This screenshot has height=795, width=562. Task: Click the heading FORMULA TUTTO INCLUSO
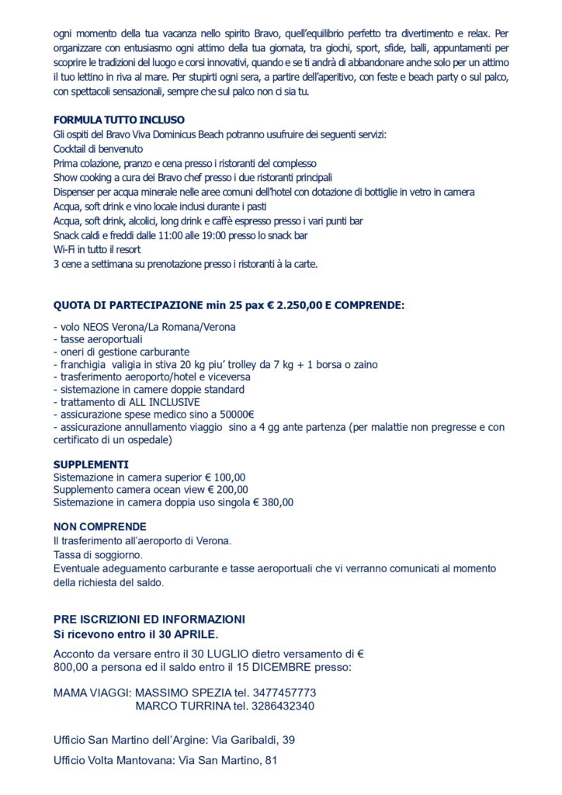pos(119,120)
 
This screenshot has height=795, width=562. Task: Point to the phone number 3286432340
pos(281,706)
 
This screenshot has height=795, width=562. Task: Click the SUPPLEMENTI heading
pos(91,465)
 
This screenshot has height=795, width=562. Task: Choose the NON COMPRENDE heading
pos(99,527)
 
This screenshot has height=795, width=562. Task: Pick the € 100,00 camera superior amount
pos(225,477)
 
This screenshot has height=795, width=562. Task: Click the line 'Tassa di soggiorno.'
pos(98,556)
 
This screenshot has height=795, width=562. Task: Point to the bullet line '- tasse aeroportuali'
pos(98,339)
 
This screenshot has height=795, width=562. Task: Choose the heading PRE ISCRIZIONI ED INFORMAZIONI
pos(149,620)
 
